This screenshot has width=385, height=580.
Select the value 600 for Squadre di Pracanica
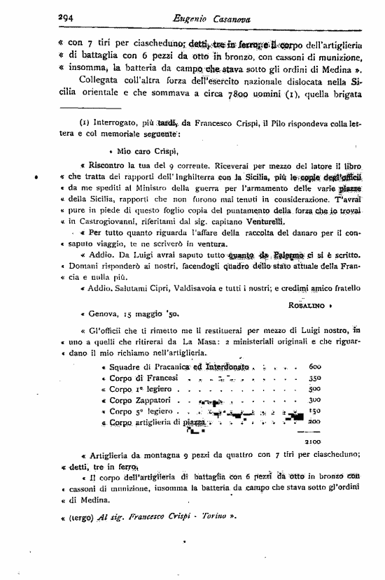click(314, 367)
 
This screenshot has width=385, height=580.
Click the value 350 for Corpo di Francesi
click(314, 378)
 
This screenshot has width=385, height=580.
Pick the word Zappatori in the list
click(146, 400)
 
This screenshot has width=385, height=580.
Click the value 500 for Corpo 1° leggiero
click(314, 389)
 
